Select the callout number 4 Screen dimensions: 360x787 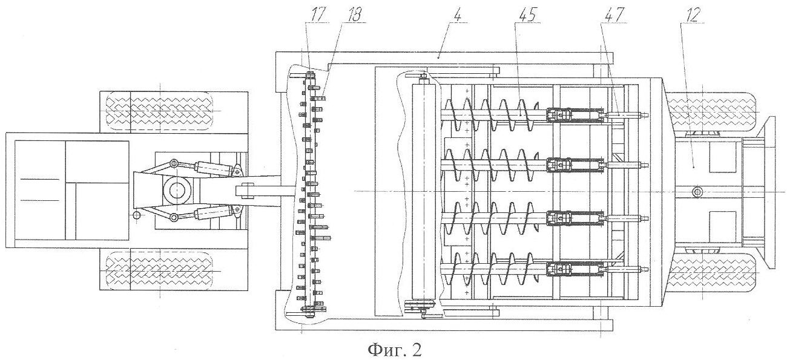458,15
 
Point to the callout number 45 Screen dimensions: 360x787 525,15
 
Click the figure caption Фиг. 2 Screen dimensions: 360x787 393,349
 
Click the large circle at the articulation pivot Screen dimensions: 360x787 178,190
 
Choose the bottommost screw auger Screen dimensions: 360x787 496,268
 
